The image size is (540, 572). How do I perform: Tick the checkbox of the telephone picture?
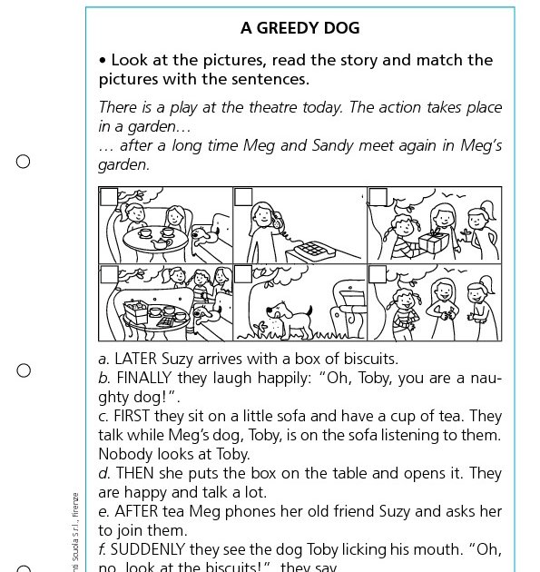(243, 196)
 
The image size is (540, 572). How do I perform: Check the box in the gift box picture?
(378, 196)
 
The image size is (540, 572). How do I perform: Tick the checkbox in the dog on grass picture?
(243, 273)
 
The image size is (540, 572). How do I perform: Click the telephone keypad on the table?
(313, 248)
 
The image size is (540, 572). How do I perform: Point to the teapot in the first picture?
(165, 233)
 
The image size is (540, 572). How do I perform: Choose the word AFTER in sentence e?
(137, 511)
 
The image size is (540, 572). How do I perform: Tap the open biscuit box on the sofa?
(137, 311)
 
